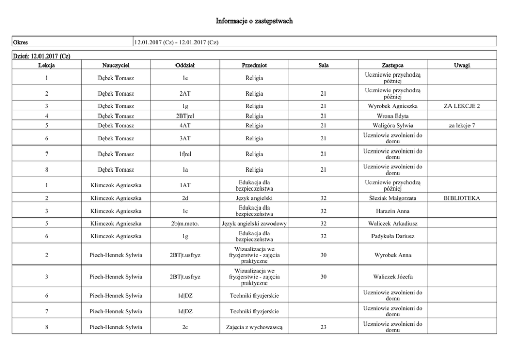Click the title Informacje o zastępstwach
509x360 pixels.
254,21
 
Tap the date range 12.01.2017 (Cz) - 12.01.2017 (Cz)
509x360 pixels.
176,42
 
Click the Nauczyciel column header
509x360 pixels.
115,65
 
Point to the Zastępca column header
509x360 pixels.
393,65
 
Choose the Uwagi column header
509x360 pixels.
462,65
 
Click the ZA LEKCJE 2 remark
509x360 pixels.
462,106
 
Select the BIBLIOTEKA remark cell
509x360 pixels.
462,198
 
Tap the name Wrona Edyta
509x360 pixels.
393,116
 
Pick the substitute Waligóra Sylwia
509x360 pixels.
393,125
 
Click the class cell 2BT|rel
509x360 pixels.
185,116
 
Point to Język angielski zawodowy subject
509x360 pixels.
254,223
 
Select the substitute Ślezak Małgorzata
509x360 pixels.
393,198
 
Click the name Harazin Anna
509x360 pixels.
393,211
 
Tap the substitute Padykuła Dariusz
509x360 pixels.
393,236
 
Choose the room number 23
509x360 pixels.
323,327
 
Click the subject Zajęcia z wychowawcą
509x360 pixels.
254,327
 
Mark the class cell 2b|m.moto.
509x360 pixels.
185,223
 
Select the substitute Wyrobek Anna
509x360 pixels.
393,255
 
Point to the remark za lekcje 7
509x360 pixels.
462,125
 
